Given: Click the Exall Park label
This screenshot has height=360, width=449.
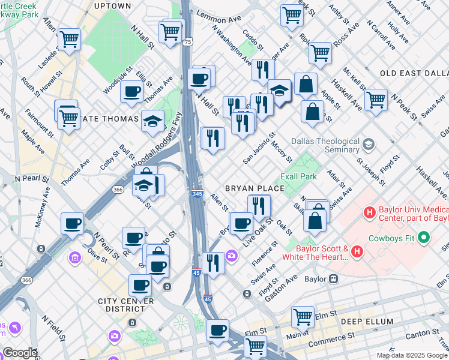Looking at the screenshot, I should [299, 177].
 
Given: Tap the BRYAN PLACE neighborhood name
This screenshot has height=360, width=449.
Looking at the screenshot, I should [254, 188].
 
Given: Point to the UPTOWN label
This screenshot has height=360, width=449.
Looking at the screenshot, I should [112, 5].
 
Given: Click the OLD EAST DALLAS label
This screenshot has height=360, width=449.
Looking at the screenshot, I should [414, 73].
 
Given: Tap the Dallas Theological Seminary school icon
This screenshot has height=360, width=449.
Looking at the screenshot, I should [367, 144].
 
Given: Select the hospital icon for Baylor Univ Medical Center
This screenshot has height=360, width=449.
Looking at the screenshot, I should [369, 212].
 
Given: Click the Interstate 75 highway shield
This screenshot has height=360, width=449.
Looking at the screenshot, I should [188, 42].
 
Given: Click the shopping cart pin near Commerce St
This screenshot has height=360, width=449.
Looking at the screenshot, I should [256, 345].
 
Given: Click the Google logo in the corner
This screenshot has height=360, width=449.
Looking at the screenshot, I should [19, 353].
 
